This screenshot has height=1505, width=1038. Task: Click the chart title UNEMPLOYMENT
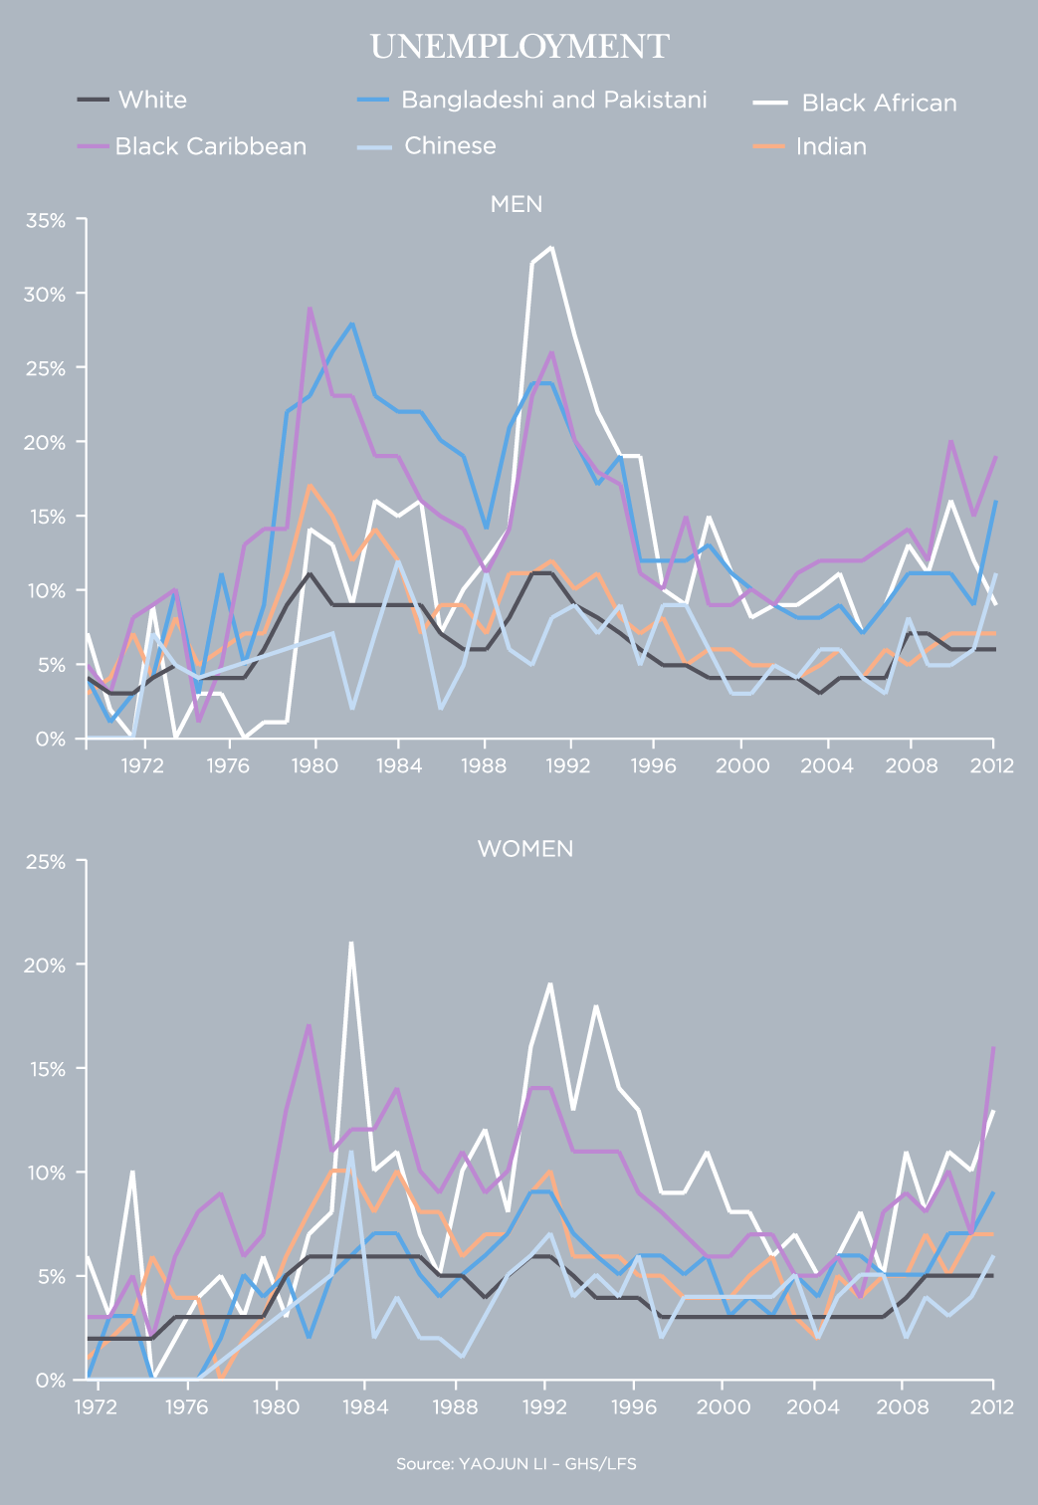tap(519, 47)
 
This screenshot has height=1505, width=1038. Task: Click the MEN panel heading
tap(517, 204)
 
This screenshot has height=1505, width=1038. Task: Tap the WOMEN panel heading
tap(525, 849)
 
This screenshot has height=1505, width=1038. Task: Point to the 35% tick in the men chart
tap(45, 220)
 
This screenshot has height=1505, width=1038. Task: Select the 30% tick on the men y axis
tap(45, 295)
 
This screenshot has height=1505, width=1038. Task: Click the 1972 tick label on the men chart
tap(143, 764)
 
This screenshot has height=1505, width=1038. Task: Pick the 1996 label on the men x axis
tap(653, 764)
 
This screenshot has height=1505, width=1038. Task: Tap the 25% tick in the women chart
tap(45, 862)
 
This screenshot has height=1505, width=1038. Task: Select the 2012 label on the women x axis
tap(992, 1406)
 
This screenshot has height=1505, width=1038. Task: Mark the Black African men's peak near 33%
tap(551, 248)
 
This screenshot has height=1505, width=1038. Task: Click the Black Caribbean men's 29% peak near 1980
tap(310, 309)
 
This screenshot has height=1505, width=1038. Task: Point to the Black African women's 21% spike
tap(350, 943)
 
